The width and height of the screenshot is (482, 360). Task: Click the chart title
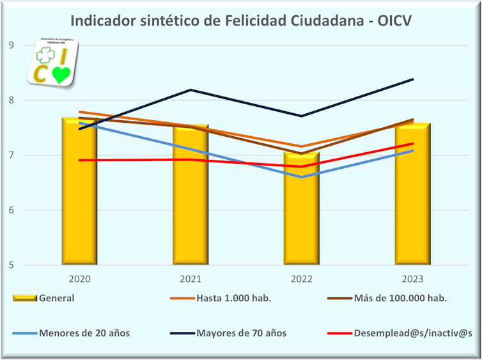click(240, 20)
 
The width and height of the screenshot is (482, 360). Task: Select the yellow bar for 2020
click(79, 192)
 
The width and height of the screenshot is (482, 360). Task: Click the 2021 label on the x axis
click(190, 279)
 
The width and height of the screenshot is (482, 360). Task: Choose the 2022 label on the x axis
click(302, 279)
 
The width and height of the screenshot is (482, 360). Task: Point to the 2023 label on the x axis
click(412, 279)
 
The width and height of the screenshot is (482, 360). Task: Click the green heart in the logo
click(60, 75)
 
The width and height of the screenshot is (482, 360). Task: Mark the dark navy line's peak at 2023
click(413, 79)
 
